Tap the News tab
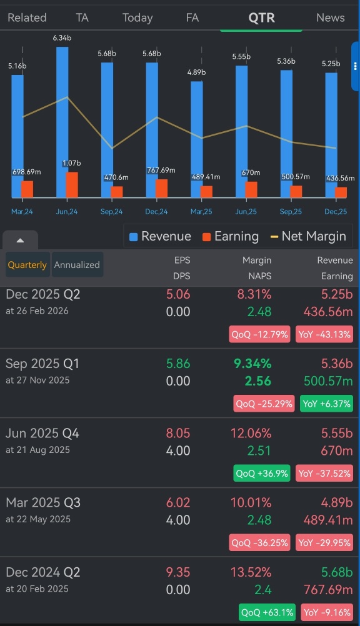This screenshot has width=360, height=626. [330, 17]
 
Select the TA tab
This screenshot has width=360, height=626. [82, 17]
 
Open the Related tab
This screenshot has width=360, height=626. [27, 17]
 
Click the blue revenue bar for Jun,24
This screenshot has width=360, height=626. [62, 122]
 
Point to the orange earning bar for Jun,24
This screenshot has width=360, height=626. [72, 185]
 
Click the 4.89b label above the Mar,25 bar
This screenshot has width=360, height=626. [197, 72]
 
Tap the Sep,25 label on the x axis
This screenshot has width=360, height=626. [291, 212]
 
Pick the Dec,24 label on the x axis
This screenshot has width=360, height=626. [156, 212]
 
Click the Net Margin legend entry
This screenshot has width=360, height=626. [309, 236]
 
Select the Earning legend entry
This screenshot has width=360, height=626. [231, 236]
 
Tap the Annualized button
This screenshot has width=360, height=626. [77, 265]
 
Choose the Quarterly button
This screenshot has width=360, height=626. [27, 265]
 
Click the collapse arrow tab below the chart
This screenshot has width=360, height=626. [20, 241]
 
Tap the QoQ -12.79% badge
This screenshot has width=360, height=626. [260, 334]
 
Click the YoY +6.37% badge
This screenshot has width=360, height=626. [326, 404]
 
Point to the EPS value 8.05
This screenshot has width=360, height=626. [177, 433]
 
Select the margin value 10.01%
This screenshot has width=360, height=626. [251, 503]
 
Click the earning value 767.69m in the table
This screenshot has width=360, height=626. [328, 590]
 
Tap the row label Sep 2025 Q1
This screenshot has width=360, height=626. [42, 364]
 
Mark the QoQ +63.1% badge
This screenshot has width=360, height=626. [267, 612]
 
